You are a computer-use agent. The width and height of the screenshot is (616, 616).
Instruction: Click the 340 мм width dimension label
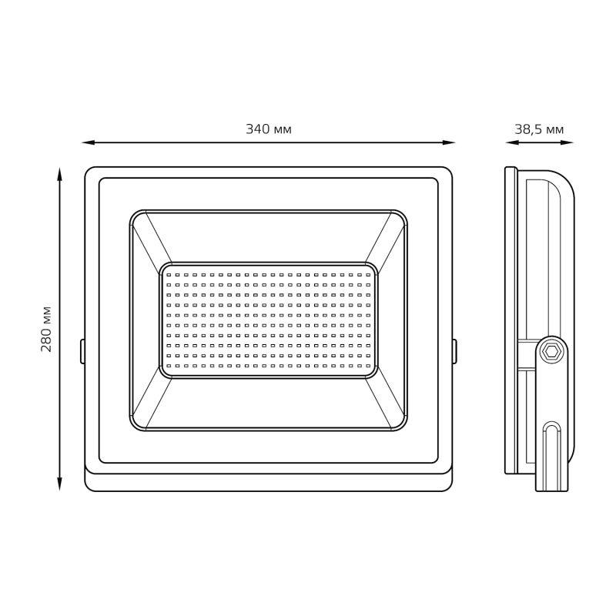269,129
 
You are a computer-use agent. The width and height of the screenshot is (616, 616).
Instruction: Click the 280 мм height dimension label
46,329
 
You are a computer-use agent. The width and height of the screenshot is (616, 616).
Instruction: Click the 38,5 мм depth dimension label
539,129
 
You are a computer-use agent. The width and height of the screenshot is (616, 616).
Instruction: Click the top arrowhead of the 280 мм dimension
60,174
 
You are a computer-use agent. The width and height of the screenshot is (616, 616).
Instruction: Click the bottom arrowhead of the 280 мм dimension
60,484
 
